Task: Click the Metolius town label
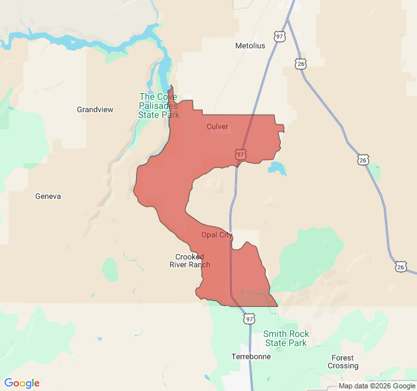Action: pos(250,46)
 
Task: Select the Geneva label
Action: pos(48,196)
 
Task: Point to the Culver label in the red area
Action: pos(217,126)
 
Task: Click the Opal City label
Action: pos(216,235)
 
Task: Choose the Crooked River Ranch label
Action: pos(190,261)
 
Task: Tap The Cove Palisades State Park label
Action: pos(158,106)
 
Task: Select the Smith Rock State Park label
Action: pos(286,338)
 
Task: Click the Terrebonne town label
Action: pos(250,357)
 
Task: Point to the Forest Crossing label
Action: pos(343,362)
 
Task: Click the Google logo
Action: pos(22,383)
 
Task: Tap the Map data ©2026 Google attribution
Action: pos(376,386)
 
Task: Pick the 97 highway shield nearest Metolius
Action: pos(280,36)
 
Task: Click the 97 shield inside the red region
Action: pos(241,154)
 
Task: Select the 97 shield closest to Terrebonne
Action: pos(250,319)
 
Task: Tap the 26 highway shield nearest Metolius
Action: pos(300,63)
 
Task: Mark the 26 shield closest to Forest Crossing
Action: pos(401,267)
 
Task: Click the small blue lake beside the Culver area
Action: pos(277,169)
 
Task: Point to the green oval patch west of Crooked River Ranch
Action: pos(110,268)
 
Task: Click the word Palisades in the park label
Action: pos(158,106)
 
